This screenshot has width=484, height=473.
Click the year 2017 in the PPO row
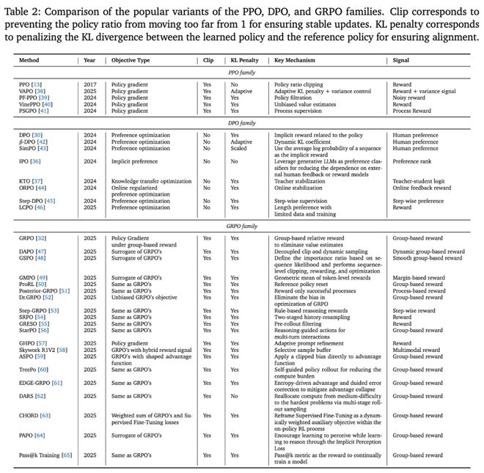(90, 84)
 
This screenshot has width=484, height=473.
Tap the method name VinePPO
(31, 105)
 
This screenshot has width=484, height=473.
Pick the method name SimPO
(28, 148)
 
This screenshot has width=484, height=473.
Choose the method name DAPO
(28, 252)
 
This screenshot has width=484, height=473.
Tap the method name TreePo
(29, 370)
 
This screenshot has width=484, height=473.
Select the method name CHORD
(29, 415)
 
